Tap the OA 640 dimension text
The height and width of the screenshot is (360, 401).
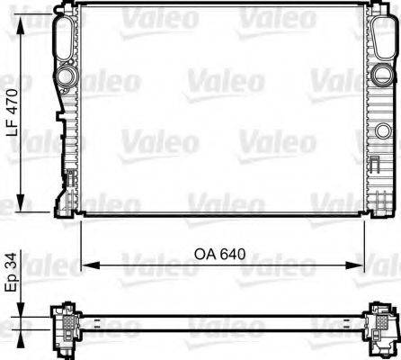pos(219,255)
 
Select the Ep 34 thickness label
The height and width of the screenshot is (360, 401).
pos(11,272)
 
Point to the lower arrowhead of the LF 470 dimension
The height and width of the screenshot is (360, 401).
pos(21,202)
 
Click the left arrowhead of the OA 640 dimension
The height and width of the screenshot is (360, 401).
pos(91,265)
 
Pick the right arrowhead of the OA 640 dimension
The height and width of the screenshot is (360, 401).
pos(354,265)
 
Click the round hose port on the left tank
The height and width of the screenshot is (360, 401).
pos(65,76)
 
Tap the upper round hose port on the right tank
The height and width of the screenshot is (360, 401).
pos(381,75)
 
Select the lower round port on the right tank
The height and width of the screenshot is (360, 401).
pos(383,130)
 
